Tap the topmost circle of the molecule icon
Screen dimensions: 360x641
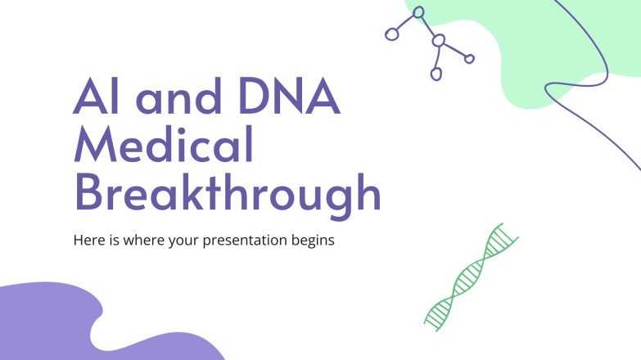[418, 12]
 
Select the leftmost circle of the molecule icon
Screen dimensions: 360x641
[391, 34]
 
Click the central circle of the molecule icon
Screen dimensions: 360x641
[439, 40]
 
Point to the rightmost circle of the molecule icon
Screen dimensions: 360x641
[469, 58]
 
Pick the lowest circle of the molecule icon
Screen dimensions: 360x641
[436, 74]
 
